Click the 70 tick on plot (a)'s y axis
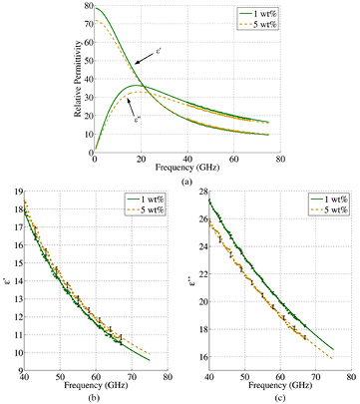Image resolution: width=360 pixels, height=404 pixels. click(86, 25)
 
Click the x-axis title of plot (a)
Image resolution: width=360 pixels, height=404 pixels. click(186, 168)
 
